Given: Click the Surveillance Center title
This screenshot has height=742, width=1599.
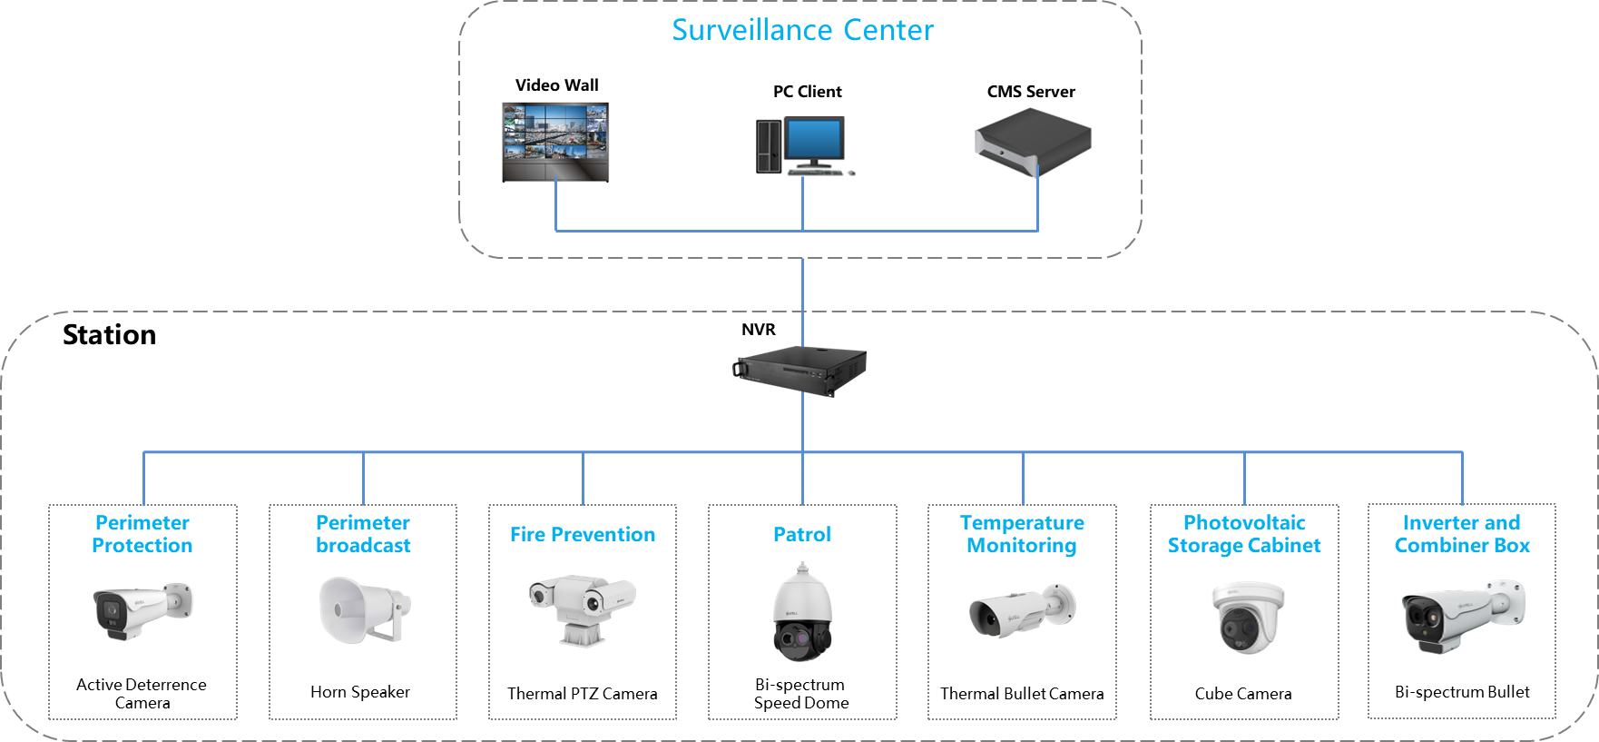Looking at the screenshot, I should coord(802,30).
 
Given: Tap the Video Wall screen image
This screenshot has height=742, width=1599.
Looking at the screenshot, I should coord(555,142).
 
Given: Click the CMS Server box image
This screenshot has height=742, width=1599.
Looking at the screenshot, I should coord(1032,143).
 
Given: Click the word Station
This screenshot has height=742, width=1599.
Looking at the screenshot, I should coord(109,335).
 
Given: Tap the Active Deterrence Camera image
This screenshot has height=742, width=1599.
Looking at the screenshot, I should coord(142,610).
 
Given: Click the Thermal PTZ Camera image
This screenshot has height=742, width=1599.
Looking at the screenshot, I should coord(582,608).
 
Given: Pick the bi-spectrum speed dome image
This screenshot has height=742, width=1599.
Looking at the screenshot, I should coord(801,612).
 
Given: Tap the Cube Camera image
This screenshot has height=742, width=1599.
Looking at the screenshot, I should coord(1248,617).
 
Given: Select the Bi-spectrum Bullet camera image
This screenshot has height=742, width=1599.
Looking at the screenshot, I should coord(1462,615).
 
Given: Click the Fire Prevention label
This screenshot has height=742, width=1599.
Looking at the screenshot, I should coord(583,535).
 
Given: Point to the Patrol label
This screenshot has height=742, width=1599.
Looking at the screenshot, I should coord(802,535).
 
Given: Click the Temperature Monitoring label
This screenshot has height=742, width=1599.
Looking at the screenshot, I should coord(1022,535).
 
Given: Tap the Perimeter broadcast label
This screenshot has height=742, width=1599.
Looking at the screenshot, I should coord(363,535).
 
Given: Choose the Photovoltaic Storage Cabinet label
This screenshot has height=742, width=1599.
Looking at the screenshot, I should coord(1243,535).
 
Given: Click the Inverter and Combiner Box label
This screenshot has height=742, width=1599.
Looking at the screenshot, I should coord(1462,535).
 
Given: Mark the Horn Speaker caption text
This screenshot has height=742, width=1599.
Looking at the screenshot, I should coord(360,692).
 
